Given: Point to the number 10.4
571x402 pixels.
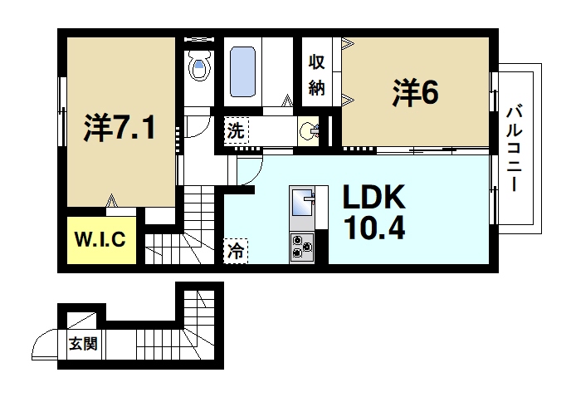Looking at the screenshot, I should (373, 227).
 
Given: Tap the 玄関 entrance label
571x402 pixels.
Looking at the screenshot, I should (83, 343).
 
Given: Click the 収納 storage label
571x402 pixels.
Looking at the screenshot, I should (316, 75).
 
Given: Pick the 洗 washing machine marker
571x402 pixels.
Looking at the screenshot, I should (236, 130).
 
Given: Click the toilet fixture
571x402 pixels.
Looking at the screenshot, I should (198, 66).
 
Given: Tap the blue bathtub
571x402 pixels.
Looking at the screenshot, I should (242, 71).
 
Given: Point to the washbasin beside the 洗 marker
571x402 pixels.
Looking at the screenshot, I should (310, 130).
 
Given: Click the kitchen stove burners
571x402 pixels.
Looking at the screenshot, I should (300, 247).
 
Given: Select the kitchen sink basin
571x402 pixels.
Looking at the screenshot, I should (301, 201).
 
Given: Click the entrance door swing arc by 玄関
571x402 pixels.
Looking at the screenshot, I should (45, 343).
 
